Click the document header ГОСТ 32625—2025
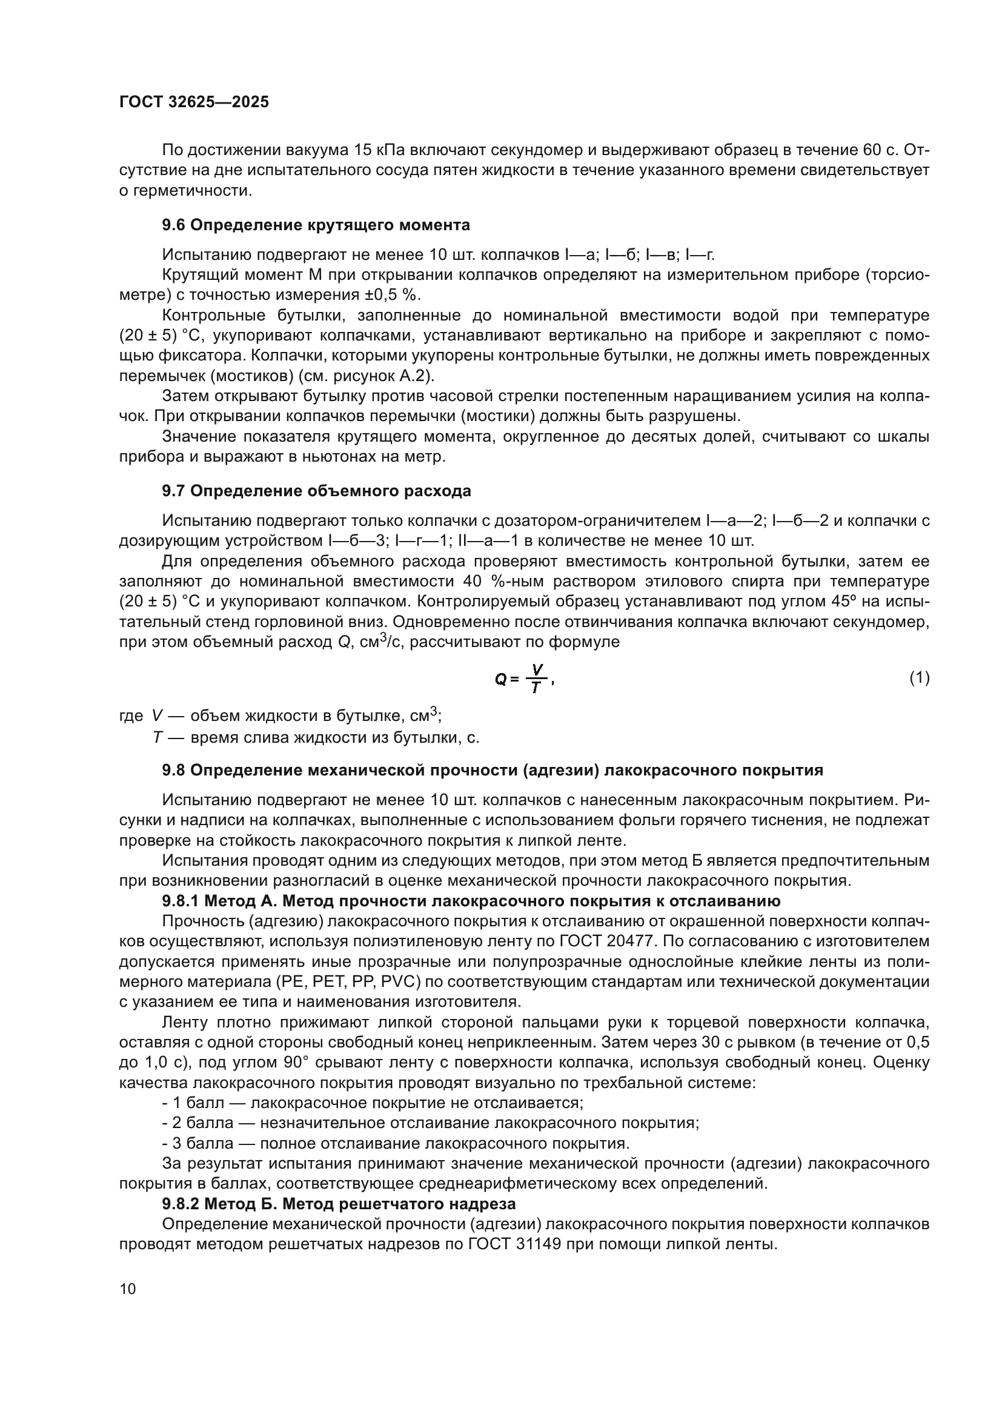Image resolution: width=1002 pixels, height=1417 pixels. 194,102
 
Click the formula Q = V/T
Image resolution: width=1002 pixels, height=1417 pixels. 524,679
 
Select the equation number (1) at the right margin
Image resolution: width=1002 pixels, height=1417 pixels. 920,679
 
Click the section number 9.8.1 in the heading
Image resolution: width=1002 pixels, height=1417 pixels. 180,901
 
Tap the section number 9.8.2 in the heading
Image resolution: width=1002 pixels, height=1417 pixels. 180,1204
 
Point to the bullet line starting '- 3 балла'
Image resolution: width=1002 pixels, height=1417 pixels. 395,1144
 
